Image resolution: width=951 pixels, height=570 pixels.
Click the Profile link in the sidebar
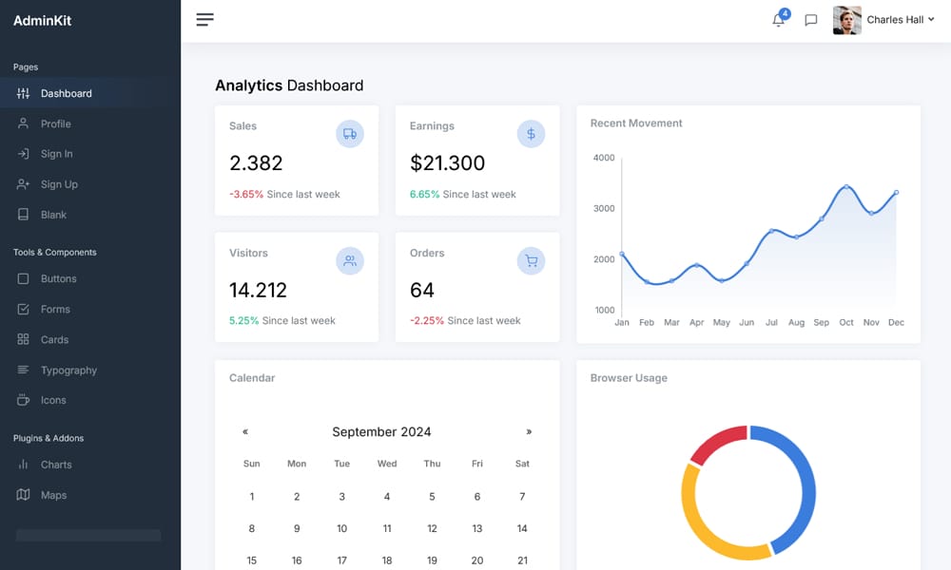click(55, 123)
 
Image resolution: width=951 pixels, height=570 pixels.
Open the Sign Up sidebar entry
click(59, 184)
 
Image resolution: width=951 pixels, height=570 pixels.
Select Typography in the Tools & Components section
click(68, 370)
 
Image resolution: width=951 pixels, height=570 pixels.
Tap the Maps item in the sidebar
click(53, 495)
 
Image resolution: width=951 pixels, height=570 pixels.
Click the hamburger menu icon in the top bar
click(204, 19)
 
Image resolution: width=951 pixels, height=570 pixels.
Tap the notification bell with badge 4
click(779, 19)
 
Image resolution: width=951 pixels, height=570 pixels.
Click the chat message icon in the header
click(811, 20)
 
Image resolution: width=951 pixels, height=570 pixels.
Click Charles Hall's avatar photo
click(846, 20)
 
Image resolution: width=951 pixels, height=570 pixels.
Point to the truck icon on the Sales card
click(350, 134)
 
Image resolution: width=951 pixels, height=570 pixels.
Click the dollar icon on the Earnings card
click(531, 134)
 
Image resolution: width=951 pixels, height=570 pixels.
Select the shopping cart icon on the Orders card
click(531, 260)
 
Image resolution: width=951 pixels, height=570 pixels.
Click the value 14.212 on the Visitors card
click(258, 290)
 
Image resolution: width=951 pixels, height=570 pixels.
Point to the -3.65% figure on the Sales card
click(246, 194)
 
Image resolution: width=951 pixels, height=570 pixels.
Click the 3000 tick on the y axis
click(604, 208)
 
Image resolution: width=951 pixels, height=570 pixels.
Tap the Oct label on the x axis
click(846, 323)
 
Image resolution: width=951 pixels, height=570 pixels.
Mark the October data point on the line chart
click(846, 187)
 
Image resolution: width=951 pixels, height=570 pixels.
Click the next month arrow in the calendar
click(529, 431)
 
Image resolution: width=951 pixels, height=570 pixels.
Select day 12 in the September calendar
click(432, 528)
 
